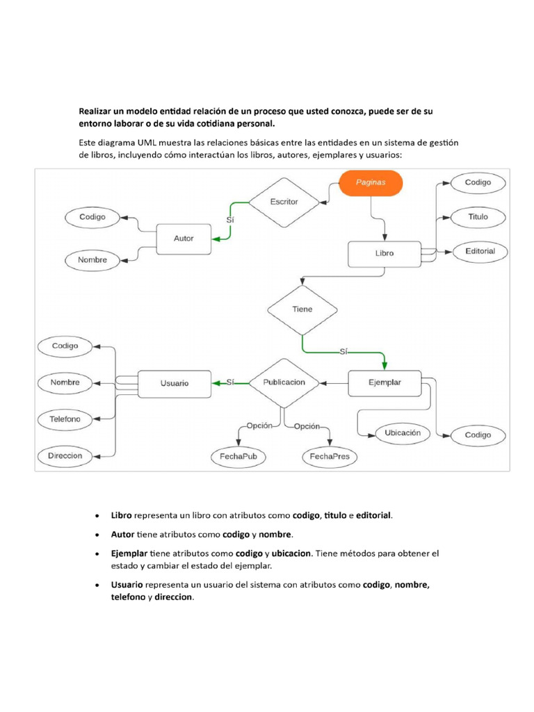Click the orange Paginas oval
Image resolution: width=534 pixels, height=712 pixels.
[x=371, y=183]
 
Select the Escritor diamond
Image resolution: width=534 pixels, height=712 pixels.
[x=283, y=202]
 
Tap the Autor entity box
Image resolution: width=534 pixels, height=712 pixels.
[x=184, y=238]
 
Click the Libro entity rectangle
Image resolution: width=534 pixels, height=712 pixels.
[x=384, y=253]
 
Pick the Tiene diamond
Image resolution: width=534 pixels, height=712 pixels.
[x=302, y=309]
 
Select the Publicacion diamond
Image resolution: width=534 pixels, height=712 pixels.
[x=284, y=382]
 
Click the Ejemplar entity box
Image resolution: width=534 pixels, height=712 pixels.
[x=384, y=382]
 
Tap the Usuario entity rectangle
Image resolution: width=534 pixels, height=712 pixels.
[x=174, y=382]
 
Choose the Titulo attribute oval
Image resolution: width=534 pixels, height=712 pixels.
[x=478, y=217]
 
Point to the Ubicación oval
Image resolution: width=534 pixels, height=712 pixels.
[x=403, y=432]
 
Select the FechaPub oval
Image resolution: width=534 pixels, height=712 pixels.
[x=238, y=457]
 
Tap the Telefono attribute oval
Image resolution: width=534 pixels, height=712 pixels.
[x=65, y=419]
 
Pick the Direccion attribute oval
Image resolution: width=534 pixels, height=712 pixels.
[x=65, y=456]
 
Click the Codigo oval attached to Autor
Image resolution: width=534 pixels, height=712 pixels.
[x=92, y=217]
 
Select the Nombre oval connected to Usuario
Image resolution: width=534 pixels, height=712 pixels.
[x=65, y=382]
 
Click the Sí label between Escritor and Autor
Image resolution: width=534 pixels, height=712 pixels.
[x=230, y=220]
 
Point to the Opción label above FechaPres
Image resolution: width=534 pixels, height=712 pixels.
[x=306, y=426]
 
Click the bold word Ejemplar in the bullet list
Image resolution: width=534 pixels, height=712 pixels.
[x=129, y=553]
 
